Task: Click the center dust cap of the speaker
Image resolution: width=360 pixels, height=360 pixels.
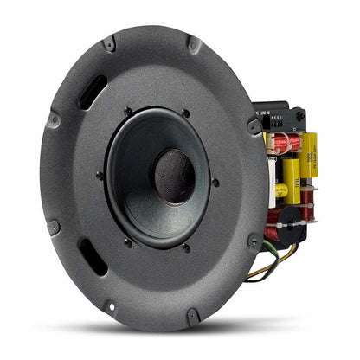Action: point(175,176)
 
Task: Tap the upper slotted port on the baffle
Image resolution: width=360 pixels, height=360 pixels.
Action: point(93,90)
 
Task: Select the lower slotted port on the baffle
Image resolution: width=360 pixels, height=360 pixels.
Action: point(92,257)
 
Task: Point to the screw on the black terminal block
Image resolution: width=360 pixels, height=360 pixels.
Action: point(300,116)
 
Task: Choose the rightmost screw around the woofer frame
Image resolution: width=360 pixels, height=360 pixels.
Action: point(215,182)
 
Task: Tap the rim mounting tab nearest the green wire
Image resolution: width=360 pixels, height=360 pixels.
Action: point(254,241)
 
